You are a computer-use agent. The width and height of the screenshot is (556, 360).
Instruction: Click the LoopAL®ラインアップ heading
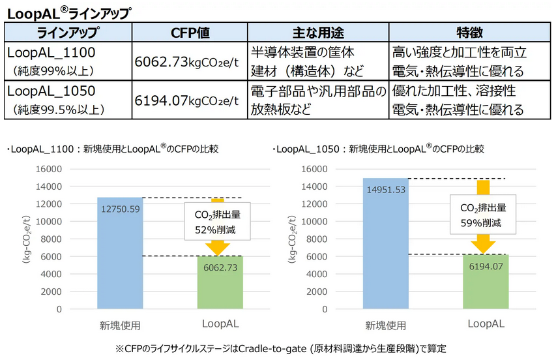[x=68, y=12]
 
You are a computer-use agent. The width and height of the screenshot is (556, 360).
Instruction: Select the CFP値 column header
[x=190, y=33]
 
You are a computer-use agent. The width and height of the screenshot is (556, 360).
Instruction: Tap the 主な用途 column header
[x=318, y=33]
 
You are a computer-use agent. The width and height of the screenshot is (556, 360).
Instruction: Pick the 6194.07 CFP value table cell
[x=190, y=100]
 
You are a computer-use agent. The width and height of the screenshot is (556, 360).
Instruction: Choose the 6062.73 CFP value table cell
[x=190, y=62]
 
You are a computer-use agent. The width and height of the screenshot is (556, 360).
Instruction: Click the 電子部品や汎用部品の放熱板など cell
[x=318, y=100]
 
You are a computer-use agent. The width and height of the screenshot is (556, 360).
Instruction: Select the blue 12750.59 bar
[x=120, y=254]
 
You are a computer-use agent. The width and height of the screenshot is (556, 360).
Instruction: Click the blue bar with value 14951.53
[x=385, y=245]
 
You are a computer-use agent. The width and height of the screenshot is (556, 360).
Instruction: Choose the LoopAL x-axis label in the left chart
[x=220, y=323]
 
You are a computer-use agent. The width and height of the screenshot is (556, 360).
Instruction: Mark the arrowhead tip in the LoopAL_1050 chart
[x=483, y=252]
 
